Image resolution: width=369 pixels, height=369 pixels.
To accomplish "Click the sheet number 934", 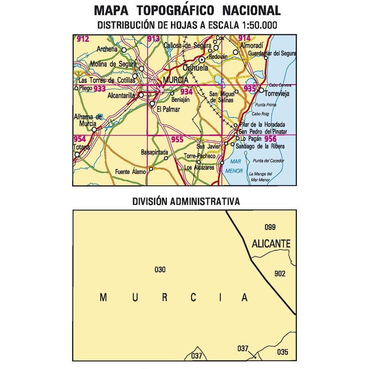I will [186, 92].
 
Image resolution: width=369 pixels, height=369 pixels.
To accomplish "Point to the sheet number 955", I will [177, 140].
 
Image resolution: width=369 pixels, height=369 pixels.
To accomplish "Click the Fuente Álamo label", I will [130, 172].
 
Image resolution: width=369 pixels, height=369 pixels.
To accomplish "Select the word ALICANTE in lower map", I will [271, 244].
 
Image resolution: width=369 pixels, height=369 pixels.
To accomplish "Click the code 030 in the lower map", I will [160, 270].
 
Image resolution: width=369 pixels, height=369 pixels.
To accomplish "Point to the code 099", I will [270, 228].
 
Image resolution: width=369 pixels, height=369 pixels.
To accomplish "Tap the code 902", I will [280, 274].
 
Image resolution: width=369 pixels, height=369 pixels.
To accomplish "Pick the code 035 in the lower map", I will [282, 352].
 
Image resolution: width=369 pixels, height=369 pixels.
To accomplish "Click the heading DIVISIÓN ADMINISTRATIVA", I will [186, 202].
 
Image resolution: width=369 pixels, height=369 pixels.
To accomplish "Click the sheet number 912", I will [83, 39].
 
